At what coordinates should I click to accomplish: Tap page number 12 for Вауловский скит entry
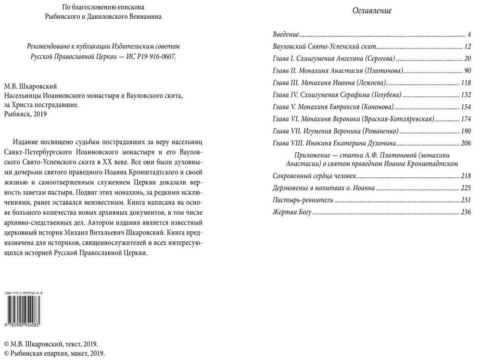(467, 47)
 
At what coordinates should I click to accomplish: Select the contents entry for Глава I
(334, 59)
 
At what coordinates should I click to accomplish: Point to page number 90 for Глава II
(467, 71)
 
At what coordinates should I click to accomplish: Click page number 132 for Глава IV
(465, 94)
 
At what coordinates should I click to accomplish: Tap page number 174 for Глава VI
(465, 118)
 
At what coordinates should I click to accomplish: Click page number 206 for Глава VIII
(465, 143)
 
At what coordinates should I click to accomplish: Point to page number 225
(465, 188)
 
